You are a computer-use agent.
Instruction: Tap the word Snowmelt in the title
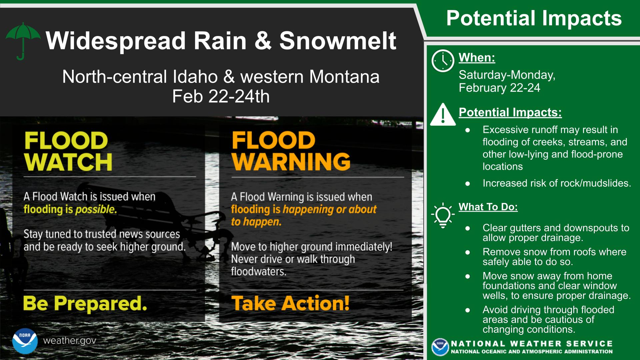click(338, 41)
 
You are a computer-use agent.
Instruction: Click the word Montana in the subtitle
click(344, 77)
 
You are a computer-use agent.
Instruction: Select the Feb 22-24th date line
click(221, 96)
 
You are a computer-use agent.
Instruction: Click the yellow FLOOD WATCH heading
click(68, 151)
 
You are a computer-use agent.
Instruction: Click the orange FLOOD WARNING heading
click(291, 151)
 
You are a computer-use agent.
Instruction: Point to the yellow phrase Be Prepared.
click(85, 304)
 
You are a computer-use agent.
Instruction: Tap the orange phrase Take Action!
click(291, 303)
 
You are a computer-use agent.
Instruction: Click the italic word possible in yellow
click(96, 210)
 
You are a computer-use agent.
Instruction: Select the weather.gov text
click(70, 341)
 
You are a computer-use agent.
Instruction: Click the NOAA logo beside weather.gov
click(25, 341)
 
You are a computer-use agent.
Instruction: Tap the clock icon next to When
click(443, 61)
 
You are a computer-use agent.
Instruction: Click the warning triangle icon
click(443, 114)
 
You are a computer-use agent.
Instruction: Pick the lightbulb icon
click(443, 215)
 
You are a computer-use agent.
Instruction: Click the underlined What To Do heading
click(488, 207)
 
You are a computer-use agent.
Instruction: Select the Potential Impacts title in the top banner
click(534, 18)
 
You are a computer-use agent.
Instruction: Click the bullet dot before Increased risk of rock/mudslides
click(468, 184)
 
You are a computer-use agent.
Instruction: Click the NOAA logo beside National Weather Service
click(440, 347)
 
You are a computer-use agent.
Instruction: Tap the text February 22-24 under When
click(499, 88)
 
